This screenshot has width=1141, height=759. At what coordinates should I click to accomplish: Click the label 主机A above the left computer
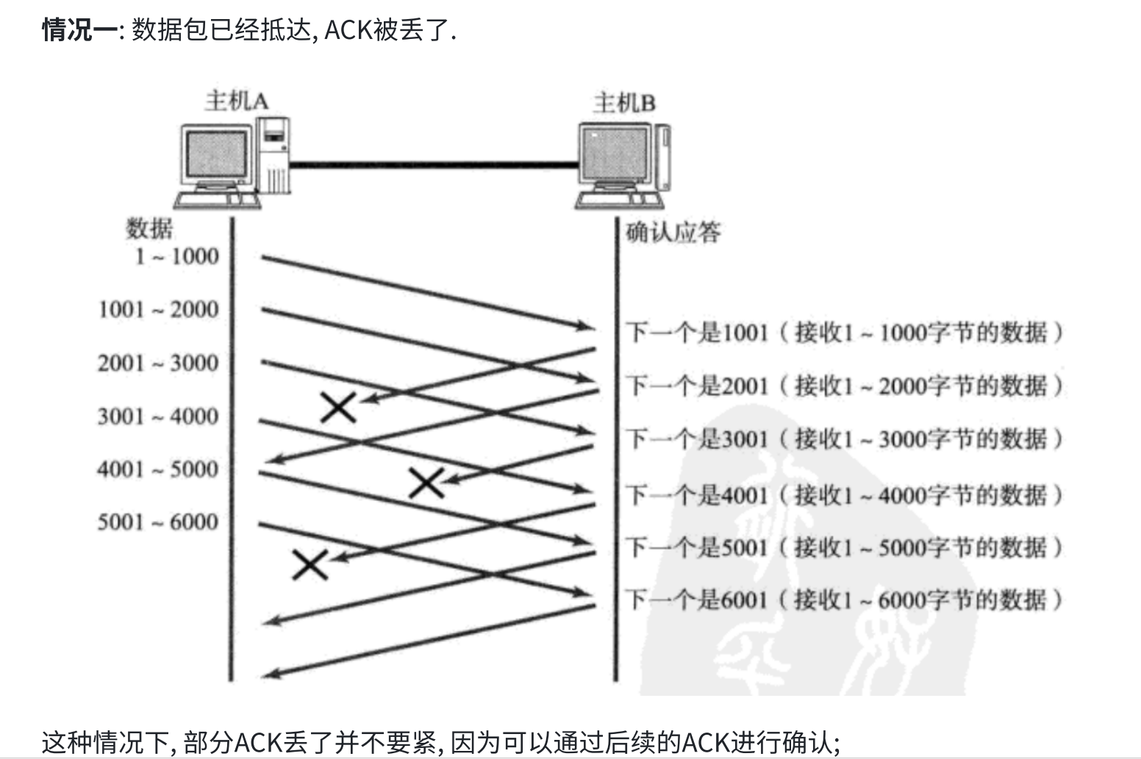tap(236, 101)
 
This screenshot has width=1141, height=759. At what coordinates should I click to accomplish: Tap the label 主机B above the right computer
tap(623, 103)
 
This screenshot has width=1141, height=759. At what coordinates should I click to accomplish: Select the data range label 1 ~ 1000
tap(176, 256)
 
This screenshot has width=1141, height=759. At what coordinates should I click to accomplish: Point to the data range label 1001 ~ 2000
tap(158, 309)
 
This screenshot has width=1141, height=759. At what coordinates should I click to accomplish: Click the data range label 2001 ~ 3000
tap(158, 363)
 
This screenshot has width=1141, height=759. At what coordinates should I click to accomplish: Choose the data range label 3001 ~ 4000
tap(158, 417)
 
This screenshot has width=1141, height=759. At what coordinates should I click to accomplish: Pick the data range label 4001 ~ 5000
tap(158, 469)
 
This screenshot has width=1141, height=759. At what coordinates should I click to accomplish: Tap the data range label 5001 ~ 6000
tap(158, 522)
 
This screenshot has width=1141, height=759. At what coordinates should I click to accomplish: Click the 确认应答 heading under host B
tap(673, 233)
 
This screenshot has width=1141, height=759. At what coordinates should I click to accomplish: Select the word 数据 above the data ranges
tap(149, 229)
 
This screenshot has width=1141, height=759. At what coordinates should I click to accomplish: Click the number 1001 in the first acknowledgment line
tap(745, 333)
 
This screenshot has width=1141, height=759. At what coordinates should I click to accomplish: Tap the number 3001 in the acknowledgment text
tap(745, 439)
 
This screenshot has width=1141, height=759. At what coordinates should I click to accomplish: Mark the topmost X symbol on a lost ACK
tap(339, 406)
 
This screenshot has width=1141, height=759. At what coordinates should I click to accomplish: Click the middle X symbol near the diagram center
tap(426, 483)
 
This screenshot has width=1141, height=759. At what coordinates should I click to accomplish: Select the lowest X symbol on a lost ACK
tap(310, 564)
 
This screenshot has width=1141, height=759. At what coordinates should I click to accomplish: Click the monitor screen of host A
tap(216, 158)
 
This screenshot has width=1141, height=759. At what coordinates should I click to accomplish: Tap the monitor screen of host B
tap(616, 155)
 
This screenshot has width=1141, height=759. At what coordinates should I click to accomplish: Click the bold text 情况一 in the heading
tap(79, 31)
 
